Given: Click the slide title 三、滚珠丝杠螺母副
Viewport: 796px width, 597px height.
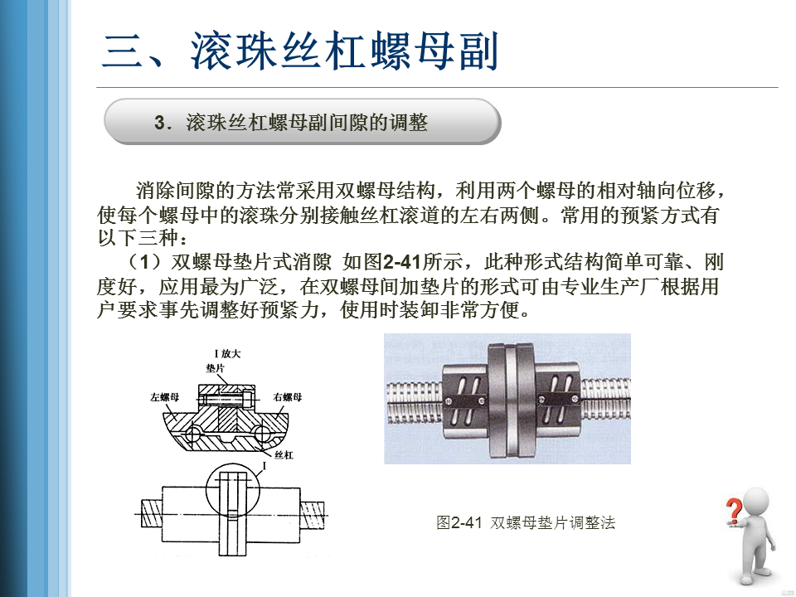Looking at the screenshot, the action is click(300, 51).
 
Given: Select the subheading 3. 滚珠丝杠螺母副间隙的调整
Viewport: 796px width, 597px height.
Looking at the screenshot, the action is click(291, 123).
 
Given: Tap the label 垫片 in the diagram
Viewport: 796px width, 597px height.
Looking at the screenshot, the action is click(216, 368).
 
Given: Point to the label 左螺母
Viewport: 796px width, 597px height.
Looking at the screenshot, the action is click(164, 397).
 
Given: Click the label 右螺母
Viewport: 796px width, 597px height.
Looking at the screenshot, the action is click(288, 397).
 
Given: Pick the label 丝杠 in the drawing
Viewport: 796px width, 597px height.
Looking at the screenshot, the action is click(284, 455).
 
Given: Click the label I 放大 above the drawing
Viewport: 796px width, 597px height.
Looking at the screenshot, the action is click(227, 353).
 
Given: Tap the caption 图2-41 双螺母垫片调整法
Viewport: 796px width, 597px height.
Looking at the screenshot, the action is click(526, 522).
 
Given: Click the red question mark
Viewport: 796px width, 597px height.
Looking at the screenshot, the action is click(732, 511).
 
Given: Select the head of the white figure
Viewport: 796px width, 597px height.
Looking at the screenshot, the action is click(755, 502).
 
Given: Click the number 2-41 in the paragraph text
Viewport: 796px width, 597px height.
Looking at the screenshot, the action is click(401, 262).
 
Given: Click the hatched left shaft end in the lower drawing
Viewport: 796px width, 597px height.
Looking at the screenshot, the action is click(151, 514).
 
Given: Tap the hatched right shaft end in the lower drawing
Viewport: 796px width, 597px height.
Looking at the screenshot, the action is click(313, 514).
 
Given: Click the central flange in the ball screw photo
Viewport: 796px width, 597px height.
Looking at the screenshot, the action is click(512, 401).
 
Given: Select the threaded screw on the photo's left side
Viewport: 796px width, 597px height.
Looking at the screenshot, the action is click(414, 403).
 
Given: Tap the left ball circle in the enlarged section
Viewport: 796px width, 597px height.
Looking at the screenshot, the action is click(193, 434).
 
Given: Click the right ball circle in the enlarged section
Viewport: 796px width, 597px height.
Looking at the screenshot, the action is click(263, 434).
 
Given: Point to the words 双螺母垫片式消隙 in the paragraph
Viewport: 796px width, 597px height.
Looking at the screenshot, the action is click(250, 262).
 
